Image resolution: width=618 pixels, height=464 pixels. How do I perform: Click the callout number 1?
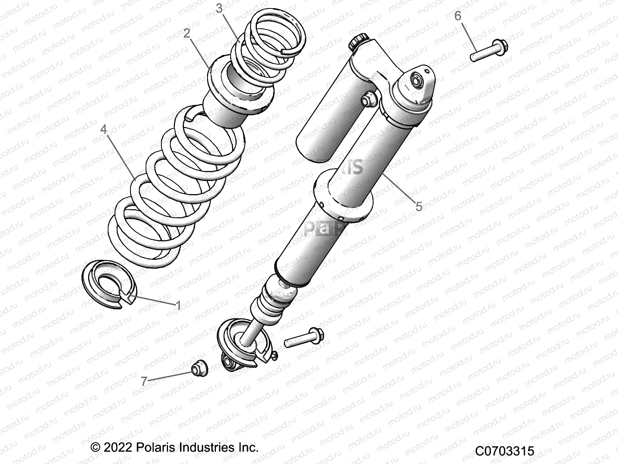178,305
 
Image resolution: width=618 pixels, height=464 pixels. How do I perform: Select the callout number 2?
187,34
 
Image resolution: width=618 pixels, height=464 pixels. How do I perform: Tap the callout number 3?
219,9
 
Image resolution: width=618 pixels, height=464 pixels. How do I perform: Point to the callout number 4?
104,129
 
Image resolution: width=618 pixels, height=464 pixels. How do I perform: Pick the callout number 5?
419,206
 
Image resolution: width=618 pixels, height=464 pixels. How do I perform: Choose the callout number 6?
458,16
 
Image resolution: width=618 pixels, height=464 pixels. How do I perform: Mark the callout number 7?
144,381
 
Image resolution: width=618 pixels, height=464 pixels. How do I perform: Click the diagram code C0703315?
504,451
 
